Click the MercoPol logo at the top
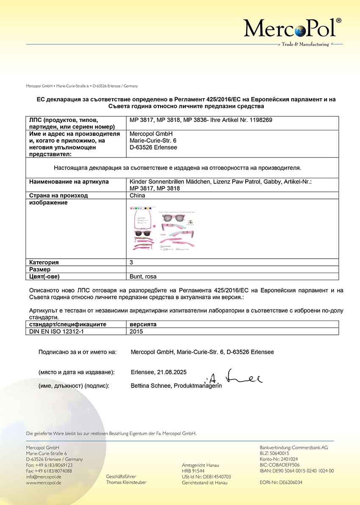[292, 29]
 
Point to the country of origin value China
[137, 196]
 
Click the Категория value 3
[131, 262]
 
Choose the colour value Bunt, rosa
[143, 276]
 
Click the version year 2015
[136, 331]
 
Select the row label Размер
[40, 269]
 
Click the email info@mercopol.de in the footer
[44, 477]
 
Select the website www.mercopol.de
[44, 483]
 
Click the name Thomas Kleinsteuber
[126, 483]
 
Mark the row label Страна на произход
[58, 196]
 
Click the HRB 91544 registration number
[193, 471]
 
